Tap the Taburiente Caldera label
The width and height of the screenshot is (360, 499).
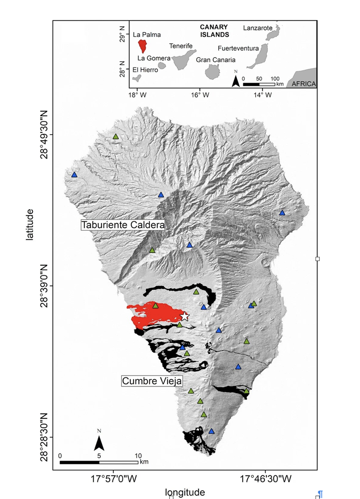click(x=122, y=225)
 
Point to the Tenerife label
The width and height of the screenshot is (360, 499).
click(x=180, y=46)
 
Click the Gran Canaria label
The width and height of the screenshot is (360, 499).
click(x=215, y=59)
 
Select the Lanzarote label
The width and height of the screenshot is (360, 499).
click(x=257, y=28)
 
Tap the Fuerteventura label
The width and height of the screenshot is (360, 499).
click(x=238, y=48)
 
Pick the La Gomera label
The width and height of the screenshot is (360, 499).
click(x=153, y=58)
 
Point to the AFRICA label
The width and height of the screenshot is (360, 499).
click(x=304, y=84)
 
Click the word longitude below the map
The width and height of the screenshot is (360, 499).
click(x=185, y=492)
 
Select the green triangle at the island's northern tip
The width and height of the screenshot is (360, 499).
click(x=116, y=136)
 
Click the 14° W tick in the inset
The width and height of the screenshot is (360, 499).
click(x=263, y=95)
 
